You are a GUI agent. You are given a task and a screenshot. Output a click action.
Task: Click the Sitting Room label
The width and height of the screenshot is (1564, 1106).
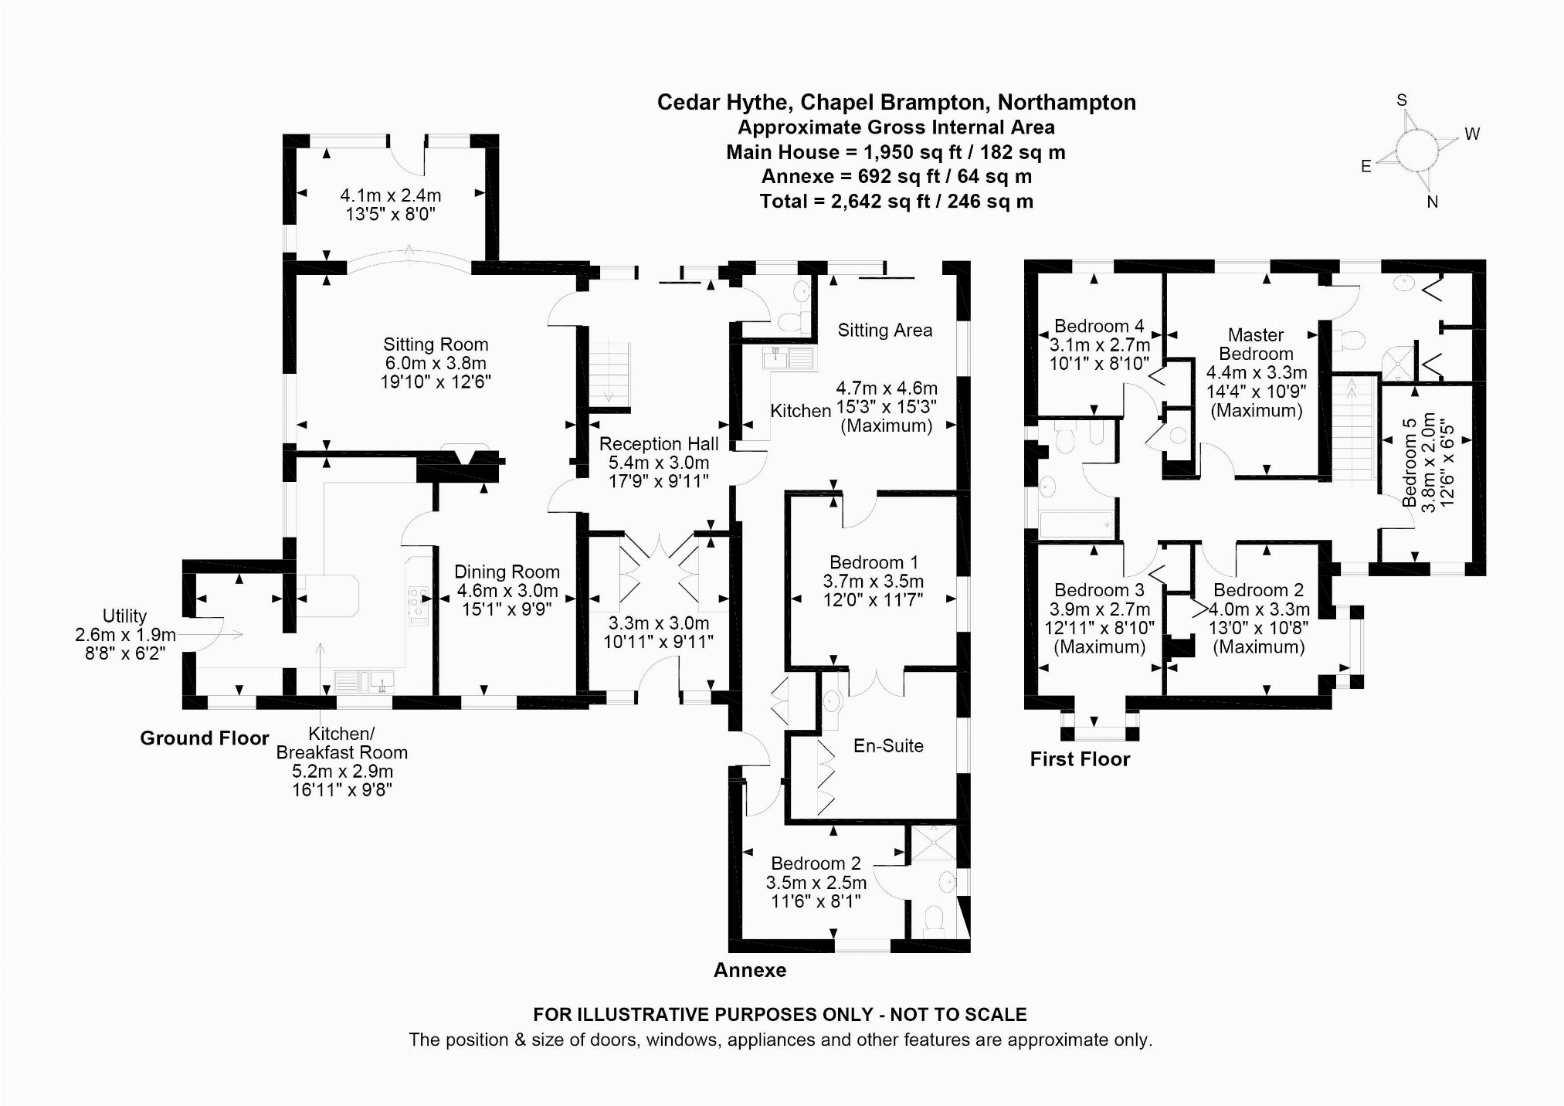(436, 344)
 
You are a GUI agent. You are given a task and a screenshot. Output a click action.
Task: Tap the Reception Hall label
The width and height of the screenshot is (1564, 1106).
(659, 444)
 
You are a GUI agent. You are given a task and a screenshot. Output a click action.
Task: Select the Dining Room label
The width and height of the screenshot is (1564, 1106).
(507, 572)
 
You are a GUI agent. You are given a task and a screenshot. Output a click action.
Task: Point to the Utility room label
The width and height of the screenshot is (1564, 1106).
(124, 616)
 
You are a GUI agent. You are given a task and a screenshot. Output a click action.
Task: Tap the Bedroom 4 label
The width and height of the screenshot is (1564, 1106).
(1099, 327)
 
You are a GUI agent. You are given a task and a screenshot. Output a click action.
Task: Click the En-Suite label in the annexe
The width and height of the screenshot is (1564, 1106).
(888, 746)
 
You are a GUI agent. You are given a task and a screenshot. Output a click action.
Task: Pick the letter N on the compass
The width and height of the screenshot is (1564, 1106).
(1432, 202)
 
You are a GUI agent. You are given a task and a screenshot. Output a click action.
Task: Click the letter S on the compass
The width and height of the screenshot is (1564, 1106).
(1402, 100)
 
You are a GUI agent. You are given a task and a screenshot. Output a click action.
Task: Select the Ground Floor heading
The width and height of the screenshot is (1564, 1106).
(205, 738)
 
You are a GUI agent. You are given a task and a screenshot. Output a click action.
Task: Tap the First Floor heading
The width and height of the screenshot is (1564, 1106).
(1080, 759)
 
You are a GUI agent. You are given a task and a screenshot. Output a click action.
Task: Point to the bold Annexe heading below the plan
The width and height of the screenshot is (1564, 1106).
(750, 971)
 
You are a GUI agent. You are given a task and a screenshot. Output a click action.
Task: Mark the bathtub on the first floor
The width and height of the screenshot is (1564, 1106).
(1076, 524)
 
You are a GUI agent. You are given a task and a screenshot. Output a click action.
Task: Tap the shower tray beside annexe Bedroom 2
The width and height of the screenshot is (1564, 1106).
(933, 843)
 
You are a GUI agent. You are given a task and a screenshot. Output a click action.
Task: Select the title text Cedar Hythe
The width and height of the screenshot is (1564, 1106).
(724, 103)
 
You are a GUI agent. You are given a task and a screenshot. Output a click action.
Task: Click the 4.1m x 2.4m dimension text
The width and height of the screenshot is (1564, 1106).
(391, 196)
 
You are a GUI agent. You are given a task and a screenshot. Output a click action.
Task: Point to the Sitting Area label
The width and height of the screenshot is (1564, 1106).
(885, 331)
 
